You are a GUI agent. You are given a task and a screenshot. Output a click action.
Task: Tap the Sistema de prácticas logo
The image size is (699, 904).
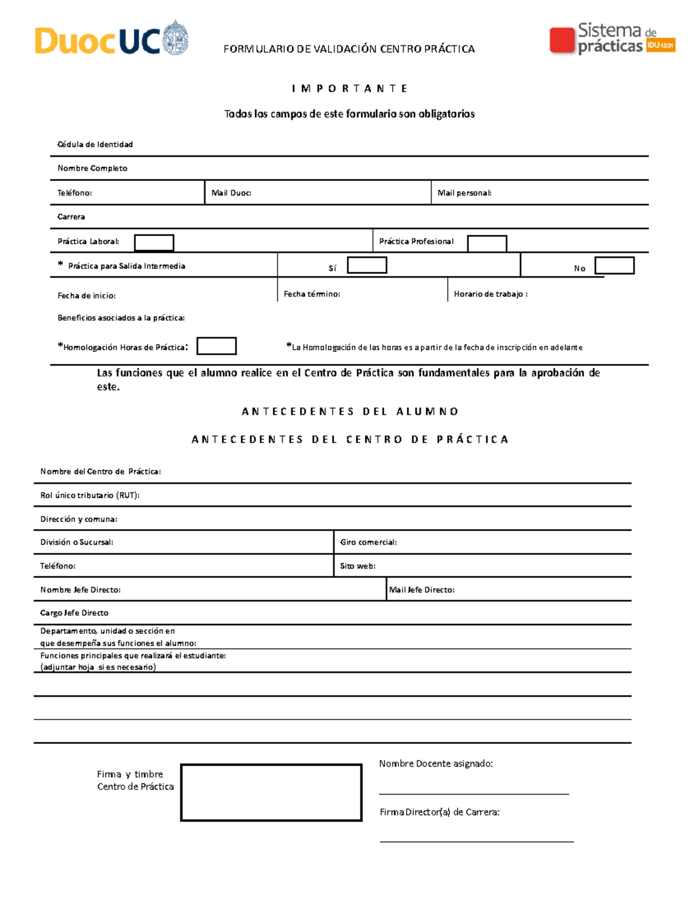point(612,39)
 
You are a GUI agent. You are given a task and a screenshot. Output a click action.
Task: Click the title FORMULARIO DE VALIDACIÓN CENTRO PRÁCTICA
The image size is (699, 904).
point(349,49)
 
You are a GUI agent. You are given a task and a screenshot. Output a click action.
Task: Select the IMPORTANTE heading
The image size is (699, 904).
point(349,88)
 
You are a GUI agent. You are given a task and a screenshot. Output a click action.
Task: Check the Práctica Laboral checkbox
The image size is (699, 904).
point(154,243)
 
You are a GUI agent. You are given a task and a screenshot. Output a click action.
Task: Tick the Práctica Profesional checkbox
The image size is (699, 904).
point(487,243)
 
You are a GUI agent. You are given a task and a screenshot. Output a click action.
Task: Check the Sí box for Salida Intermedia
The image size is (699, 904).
point(367,265)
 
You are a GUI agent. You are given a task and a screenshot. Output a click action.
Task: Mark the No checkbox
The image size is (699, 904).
point(614,266)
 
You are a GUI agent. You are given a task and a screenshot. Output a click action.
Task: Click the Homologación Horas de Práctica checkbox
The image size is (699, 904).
point(216,346)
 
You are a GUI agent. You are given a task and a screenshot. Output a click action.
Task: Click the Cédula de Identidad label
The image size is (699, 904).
point(95,144)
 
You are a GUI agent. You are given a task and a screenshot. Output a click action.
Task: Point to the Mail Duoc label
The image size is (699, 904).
point(231,193)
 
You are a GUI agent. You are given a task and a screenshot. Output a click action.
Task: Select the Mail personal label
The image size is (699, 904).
point(464,193)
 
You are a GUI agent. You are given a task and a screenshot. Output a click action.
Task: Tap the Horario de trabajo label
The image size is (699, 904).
point(490,294)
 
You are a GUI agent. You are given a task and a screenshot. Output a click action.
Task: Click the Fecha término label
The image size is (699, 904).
point(312,294)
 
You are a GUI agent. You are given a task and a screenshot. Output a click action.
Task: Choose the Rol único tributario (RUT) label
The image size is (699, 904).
point(90,495)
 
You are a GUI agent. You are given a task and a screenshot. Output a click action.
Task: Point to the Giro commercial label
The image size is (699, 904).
point(368,542)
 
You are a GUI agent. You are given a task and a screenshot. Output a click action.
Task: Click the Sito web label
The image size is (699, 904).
point(358,566)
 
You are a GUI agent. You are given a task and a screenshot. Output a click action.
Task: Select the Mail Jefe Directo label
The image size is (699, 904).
point(422,590)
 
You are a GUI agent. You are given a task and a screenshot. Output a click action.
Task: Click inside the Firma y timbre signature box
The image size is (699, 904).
point(271,792)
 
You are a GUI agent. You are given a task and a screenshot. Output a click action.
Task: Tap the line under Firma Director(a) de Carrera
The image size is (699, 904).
point(476,841)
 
